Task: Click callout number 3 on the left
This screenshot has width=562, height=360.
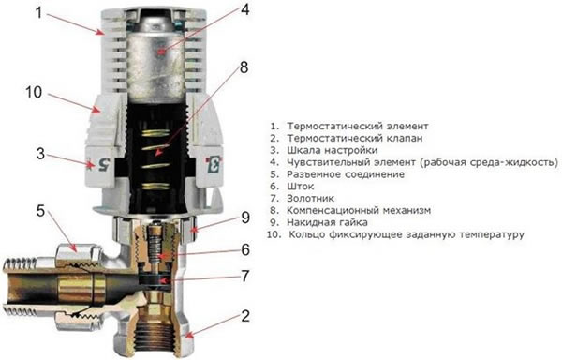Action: (38, 152)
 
